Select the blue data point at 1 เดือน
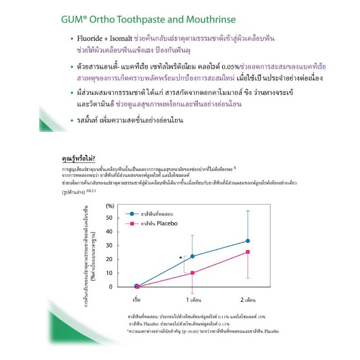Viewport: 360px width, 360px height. point(192,256)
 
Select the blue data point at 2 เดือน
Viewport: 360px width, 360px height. point(247,241)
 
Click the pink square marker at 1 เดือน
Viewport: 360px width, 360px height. point(192,273)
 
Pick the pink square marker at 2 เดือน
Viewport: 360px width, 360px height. point(247,252)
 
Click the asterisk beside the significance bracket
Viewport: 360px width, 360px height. point(180,257)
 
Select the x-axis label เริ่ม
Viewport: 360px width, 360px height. point(137,300)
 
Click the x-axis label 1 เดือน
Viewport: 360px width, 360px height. point(193,300)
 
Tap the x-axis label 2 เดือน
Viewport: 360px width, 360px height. point(248,300)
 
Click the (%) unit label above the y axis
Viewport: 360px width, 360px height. point(110,206)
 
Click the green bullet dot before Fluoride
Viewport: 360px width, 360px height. point(72,39)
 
